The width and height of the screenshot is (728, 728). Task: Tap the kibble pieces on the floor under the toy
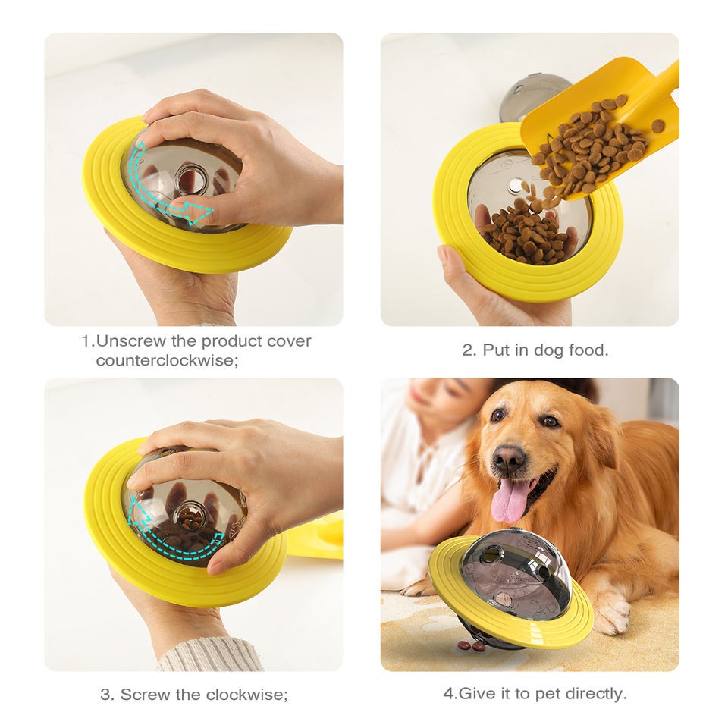pyautogui.click(x=472, y=645)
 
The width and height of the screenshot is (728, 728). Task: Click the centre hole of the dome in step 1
pyautogui.click(x=191, y=179)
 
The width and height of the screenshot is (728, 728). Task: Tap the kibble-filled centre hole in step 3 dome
pyautogui.click(x=190, y=519)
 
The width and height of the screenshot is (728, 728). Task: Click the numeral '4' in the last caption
pyautogui.click(x=447, y=693)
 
